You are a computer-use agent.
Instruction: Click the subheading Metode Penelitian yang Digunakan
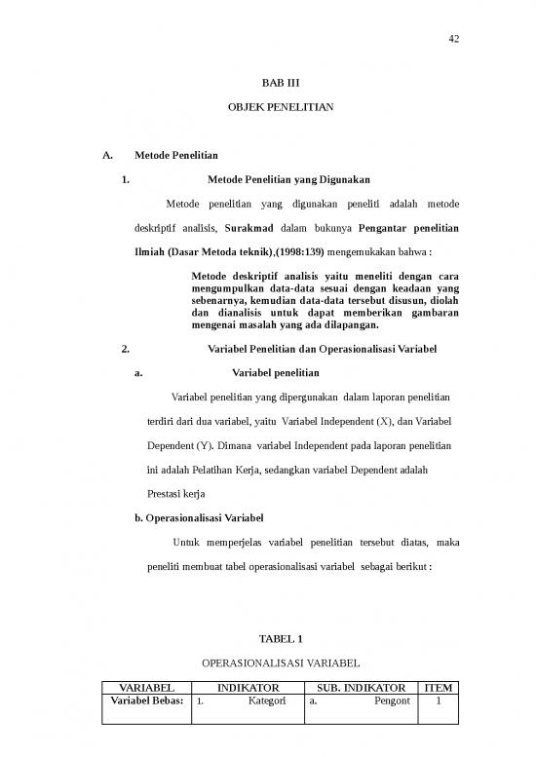288,179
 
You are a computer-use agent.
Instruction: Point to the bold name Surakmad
250,228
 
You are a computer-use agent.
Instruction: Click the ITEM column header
440,688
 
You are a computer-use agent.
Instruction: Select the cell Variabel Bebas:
144,701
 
